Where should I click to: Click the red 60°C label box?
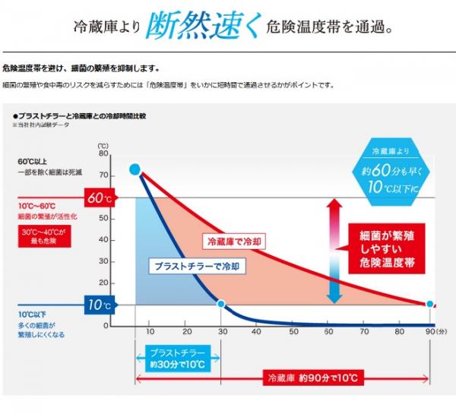coord(100,199)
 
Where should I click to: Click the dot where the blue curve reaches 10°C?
coord(220,304)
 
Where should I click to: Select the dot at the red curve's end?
coord(429,304)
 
